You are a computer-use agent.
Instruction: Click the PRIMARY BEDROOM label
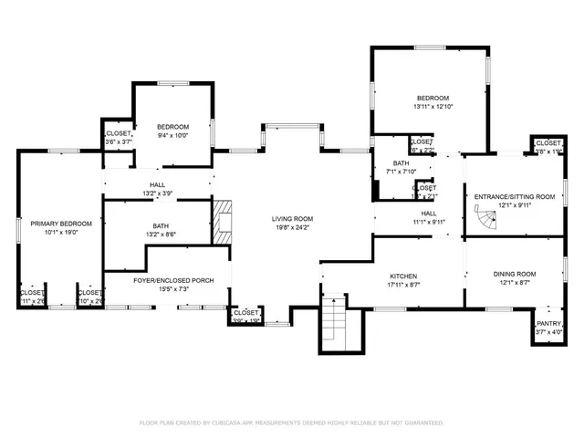pyautogui.click(x=56, y=224)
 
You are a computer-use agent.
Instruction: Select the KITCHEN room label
pyautogui.click(x=402, y=276)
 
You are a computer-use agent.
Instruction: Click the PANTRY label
pyautogui.click(x=548, y=323)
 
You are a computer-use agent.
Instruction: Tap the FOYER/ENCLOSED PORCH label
pyautogui.click(x=173, y=280)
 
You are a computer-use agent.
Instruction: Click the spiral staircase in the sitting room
pyautogui.click(x=485, y=218)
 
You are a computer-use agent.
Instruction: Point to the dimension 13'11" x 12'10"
pyautogui.click(x=433, y=107)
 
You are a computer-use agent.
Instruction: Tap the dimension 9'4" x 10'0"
pyautogui.click(x=172, y=135)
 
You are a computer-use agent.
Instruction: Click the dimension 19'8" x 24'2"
pyautogui.click(x=292, y=227)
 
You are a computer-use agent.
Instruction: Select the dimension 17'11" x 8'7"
pyautogui.click(x=402, y=285)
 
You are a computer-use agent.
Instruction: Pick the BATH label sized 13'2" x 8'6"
pyautogui.click(x=161, y=225)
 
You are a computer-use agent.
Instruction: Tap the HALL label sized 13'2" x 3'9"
pyautogui.click(x=157, y=184)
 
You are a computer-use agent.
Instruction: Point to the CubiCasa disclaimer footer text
pyautogui.click(x=291, y=422)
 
